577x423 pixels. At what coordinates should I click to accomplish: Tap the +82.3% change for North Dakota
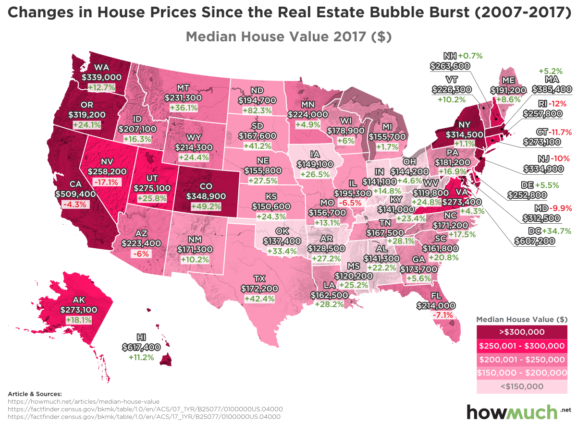[x=258, y=110]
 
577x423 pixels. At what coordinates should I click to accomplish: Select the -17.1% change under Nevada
[x=107, y=182]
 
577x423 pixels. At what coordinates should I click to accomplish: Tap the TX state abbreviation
[x=259, y=278]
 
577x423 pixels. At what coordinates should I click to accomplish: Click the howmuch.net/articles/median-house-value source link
[x=84, y=401]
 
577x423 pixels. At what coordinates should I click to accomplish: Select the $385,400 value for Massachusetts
[x=552, y=89]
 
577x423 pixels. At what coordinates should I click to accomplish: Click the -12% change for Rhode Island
[x=560, y=103]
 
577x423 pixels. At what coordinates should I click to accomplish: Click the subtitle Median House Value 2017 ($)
[x=289, y=36]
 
